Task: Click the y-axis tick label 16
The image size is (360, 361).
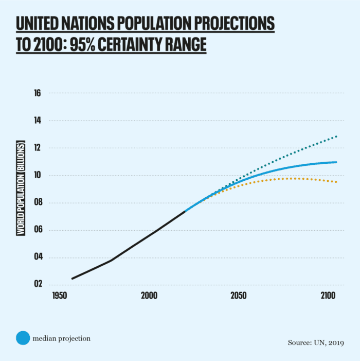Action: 38,94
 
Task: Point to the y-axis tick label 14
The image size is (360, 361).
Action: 38,121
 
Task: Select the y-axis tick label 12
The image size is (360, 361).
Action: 38,148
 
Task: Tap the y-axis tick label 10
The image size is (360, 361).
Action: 38,176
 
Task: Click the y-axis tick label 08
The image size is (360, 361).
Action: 38,203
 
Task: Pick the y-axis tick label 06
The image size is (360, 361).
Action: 38,230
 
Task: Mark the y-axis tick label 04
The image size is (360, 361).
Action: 38,257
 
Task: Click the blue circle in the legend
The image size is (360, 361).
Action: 23,338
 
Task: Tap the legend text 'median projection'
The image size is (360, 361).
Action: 61,338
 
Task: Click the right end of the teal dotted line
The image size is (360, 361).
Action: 336,136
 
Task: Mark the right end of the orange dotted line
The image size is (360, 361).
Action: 336,182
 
